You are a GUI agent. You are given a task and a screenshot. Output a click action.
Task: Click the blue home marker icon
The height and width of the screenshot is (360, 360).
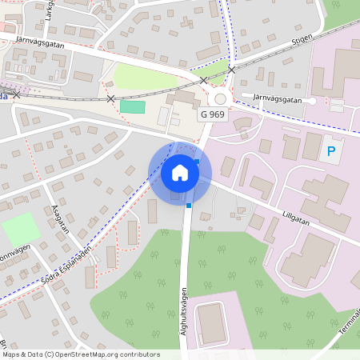[180, 173]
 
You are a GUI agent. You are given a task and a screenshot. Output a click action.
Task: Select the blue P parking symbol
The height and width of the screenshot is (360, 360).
[330, 151]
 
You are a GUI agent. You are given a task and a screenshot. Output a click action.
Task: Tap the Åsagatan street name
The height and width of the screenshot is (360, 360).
[58, 217]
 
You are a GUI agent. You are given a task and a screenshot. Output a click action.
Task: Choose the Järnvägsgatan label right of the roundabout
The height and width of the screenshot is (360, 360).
[277, 98]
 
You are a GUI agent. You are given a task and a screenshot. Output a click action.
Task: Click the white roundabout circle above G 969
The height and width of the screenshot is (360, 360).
[221, 98]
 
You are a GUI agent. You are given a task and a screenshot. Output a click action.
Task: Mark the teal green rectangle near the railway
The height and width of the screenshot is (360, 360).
[133, 106]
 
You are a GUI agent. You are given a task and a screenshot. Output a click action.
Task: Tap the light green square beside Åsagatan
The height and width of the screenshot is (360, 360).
[20, 230]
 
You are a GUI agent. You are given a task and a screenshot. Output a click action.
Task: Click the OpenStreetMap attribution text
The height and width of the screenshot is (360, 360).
[80, 354]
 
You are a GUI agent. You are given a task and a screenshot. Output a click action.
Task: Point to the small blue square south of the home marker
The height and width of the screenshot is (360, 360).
[189, 206]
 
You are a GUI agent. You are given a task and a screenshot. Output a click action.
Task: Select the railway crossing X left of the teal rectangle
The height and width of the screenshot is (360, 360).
[110, 98]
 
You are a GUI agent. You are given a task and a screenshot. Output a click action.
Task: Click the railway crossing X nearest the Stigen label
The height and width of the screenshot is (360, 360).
[231, 70]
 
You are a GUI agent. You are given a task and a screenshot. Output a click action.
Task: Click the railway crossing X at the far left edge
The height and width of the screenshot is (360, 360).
[16, 94]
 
